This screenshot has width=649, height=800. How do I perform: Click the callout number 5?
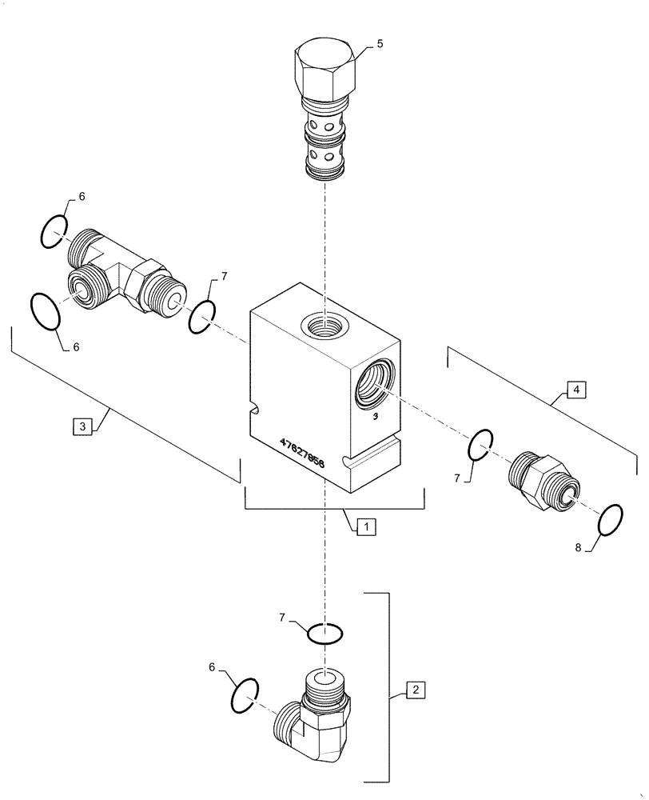pos(379,43)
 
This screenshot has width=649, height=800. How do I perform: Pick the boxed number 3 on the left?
pos(82,426)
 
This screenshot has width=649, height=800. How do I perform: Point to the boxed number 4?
pos(575,390)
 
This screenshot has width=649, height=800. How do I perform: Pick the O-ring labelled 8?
pos(611,520)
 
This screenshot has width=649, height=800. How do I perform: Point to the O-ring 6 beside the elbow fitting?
pos(245,694)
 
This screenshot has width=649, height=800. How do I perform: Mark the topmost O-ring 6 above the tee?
pos(55,232)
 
